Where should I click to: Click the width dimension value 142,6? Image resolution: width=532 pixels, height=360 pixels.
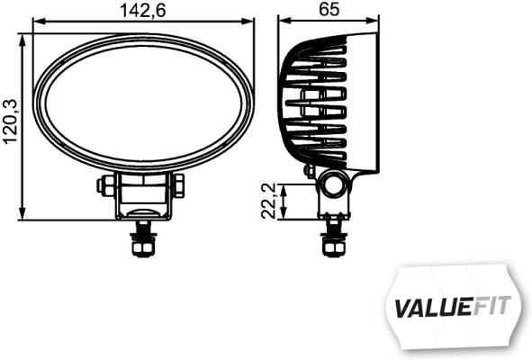tap(143, 10)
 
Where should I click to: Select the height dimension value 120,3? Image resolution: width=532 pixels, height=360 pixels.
tap(10, 121)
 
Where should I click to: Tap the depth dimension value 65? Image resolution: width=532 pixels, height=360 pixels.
tap(329, 10)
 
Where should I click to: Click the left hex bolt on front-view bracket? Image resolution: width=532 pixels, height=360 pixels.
tap(106, 184)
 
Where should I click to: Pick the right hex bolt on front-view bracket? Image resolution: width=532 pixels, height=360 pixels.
tap(178, 184)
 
